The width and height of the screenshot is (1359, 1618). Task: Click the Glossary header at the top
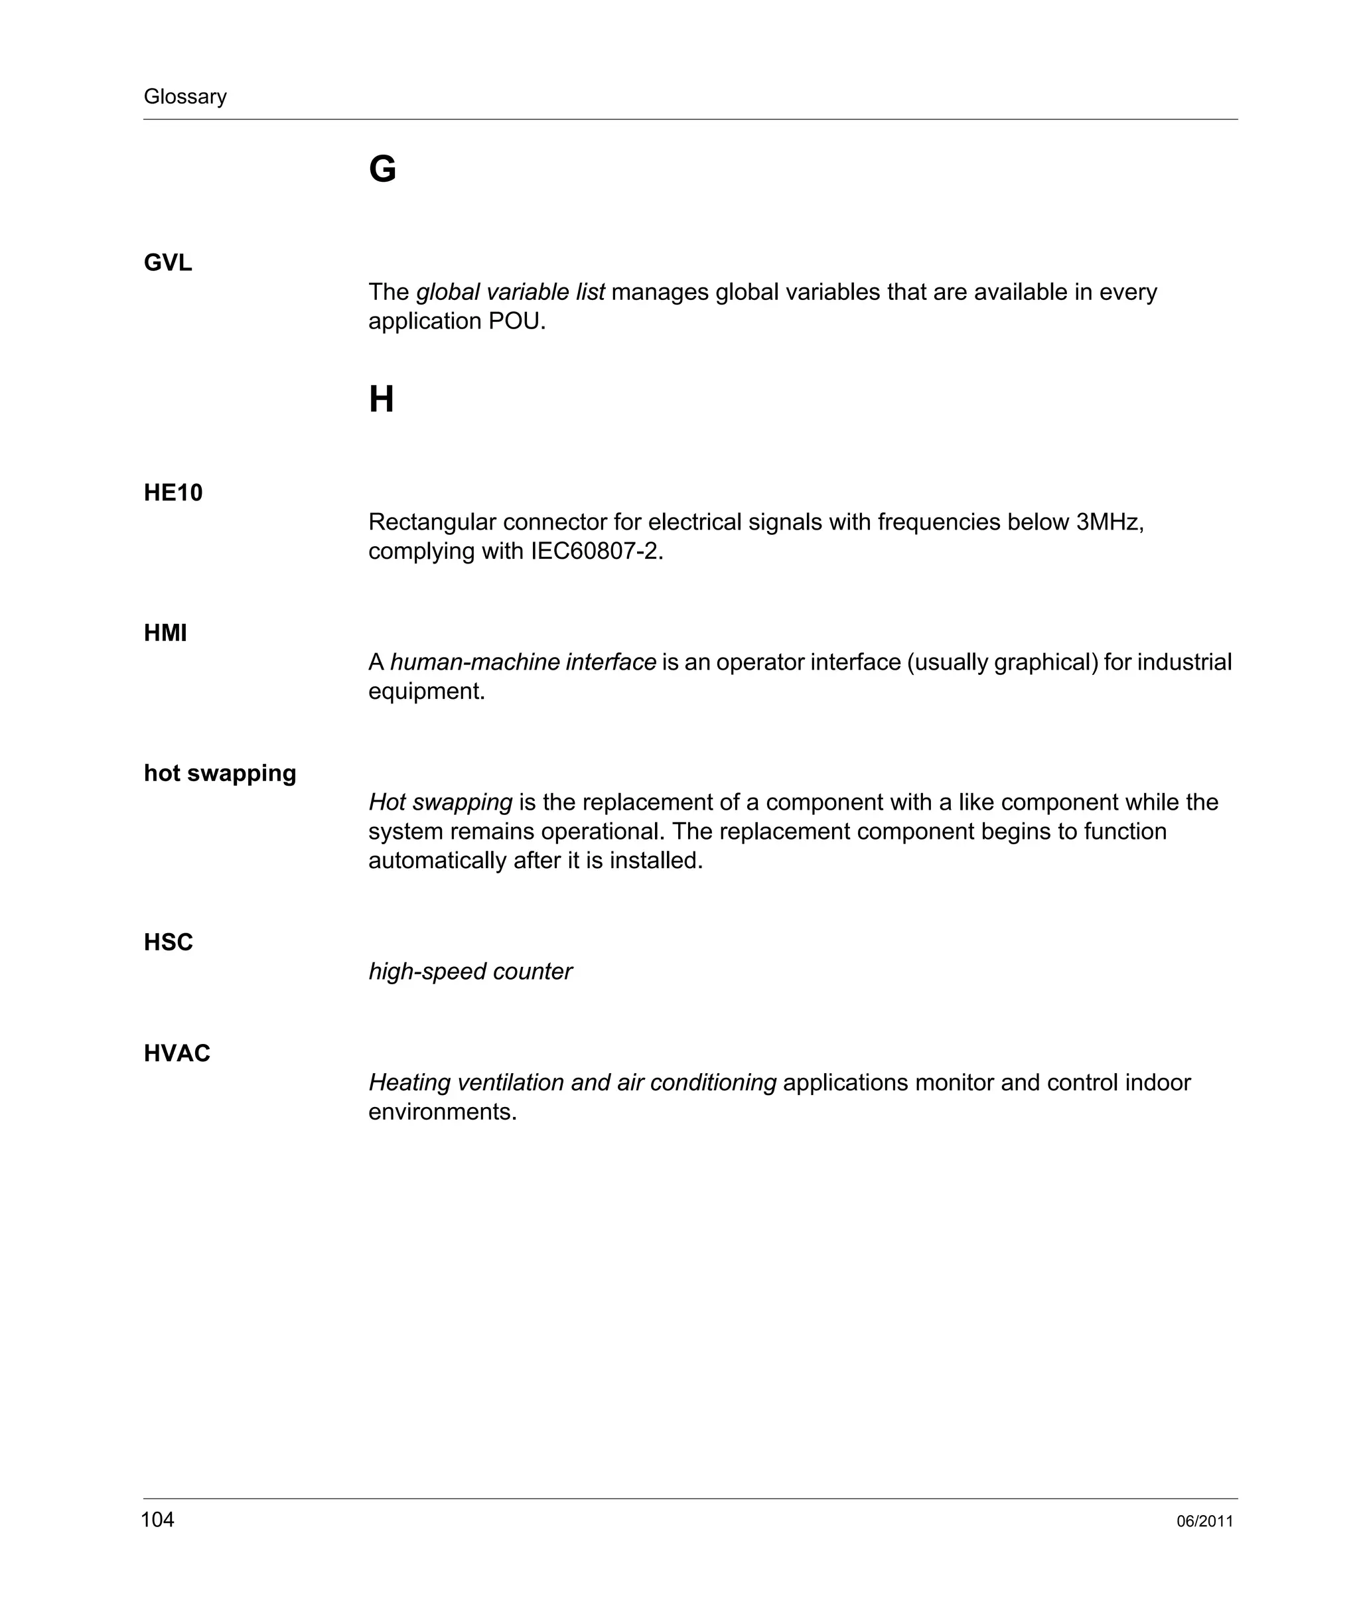pos(185,96)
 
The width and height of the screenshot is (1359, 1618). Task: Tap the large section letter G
pos(382,169)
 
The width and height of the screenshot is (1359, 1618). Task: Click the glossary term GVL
pos(168,263)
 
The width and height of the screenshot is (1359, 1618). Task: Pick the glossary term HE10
pos(173,493)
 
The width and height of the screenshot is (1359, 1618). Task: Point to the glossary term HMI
pos(166,633)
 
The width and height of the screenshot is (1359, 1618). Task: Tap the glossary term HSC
pos(168,942)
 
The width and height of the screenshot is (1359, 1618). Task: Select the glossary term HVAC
pos(177,1053)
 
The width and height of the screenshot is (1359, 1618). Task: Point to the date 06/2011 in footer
pos(1205,1522)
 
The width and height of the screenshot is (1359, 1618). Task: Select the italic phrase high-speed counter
pos(470,972)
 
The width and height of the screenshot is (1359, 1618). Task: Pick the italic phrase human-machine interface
pos(523,662)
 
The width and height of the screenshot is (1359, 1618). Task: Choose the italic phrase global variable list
pos(510,292)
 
